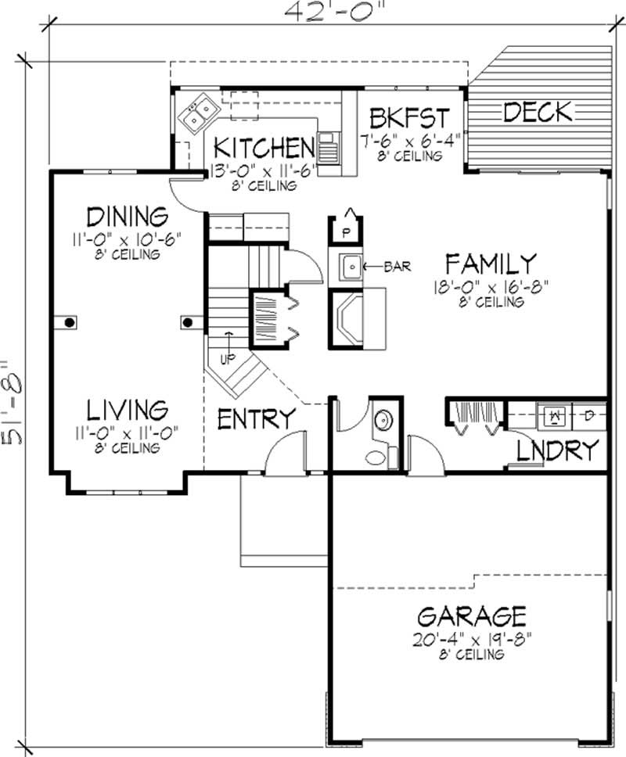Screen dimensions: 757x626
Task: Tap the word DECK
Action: pos(537,113)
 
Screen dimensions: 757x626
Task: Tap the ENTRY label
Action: pos(256,419)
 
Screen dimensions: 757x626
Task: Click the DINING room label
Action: pos(127,216)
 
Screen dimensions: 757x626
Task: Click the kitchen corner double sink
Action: pos(196,114)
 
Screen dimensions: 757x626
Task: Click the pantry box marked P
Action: pos(345,231)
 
